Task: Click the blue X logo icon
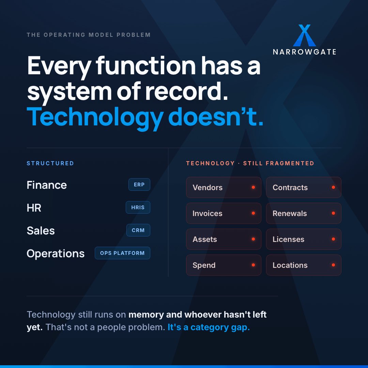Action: tap(304, 35)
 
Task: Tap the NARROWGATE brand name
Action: tap(304, 52)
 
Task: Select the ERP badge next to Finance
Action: tap(139, 184)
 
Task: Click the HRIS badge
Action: tap(138, 207)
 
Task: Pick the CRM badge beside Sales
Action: tap(138, 230)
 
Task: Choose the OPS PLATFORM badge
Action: tap(122, 253)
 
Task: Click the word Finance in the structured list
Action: tap(47, 185)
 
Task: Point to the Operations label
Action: tap(56, 254)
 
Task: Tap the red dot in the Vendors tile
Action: tap(253, 187)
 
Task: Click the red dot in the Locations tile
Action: tap(333, 265)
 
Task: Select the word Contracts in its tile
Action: tap(290, 187)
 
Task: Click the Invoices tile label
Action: tap(208, 213)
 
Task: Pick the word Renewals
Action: tap(290, 213)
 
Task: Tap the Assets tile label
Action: tap(205, 239)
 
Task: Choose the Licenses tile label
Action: tap(289, 239)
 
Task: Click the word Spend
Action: tap(204, 265)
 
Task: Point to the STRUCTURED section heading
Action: tap(50, 163)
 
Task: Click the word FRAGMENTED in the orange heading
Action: tap(290, 163)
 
